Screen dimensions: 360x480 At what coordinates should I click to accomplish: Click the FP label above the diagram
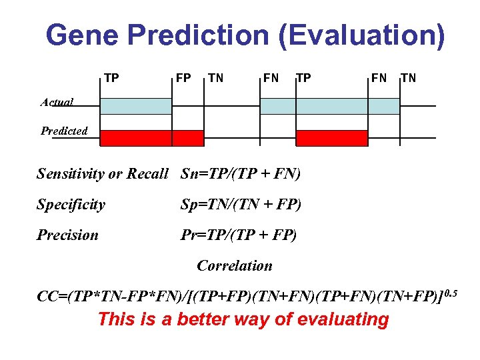(183, 79)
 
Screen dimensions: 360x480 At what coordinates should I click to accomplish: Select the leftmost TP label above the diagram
(111, 79)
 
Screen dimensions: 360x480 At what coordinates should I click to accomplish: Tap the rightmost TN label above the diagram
(408, 79)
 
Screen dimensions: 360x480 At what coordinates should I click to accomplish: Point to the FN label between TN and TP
(271, 79)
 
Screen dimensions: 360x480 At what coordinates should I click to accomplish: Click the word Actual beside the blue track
(57, 103)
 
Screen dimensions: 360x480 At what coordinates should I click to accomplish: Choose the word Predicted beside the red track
(64, 131)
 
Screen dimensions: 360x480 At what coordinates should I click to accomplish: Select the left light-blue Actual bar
(136, 106)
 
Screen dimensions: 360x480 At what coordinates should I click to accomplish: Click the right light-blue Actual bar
(329, 106)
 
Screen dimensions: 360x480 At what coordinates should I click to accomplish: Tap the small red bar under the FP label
(189, 138)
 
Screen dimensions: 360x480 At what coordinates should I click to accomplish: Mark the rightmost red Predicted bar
(331, 138)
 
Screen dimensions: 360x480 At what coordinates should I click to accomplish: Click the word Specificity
(71, 205)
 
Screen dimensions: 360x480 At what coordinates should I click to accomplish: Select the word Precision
(67, 235)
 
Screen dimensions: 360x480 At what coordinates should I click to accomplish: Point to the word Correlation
(235, 266)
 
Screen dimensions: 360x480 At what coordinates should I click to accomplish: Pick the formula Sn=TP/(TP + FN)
(241, 175)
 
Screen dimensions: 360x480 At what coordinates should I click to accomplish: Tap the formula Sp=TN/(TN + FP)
(241, 205)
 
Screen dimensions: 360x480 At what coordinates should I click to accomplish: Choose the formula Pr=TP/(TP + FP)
(239, 235)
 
